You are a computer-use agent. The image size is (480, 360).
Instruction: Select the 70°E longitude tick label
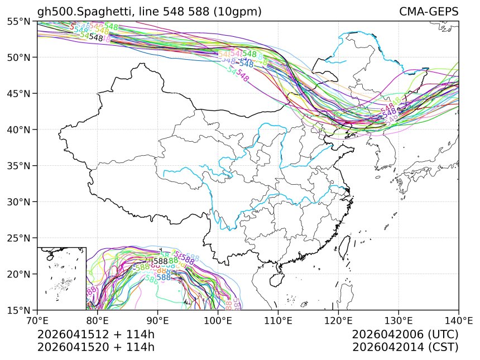coord(37,321)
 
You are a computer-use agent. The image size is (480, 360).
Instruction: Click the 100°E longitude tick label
coord(218,321)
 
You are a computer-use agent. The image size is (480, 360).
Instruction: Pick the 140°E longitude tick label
coord(458,321)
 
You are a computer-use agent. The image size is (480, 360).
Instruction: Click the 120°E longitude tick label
coord(338,321)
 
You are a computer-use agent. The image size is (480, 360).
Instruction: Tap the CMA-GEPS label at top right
coord(429,12)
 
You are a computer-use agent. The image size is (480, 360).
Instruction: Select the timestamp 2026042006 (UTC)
coord(405,334)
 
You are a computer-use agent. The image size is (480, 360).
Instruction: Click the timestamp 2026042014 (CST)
coord(405,347)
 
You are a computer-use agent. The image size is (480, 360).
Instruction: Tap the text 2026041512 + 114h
coord(95,334)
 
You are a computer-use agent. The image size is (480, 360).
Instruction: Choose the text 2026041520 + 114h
coord(95,347)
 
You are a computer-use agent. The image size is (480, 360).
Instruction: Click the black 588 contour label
coord(161,261)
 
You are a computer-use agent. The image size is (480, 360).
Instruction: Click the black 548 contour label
coord(96,38)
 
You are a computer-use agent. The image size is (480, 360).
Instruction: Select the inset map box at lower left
coord(61,278)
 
